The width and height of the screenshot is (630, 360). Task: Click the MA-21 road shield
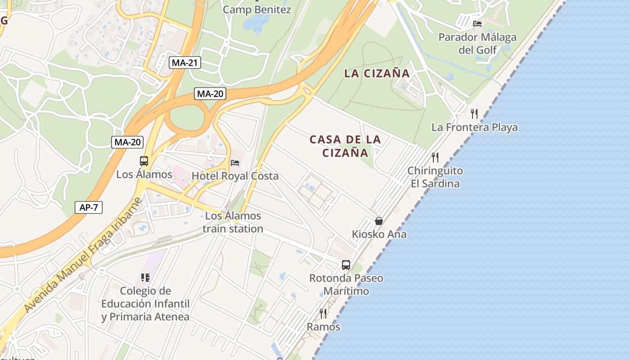click(184, 63)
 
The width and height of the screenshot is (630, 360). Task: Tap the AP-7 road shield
click(89, 207)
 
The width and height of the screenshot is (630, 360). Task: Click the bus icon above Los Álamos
click(144, 161)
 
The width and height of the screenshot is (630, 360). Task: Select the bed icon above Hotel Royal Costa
click(235, 162)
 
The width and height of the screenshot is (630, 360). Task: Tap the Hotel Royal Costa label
click(235, 176)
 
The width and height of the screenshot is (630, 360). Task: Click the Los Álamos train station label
click(233, 222)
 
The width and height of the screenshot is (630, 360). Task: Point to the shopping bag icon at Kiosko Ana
click(379, 221)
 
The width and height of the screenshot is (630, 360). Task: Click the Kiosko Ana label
click(379, 234)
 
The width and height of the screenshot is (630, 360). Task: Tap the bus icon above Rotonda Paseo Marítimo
click(346, 265)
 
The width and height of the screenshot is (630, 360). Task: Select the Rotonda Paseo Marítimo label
click(346, 284)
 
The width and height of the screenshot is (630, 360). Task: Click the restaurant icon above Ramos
click(323, 313)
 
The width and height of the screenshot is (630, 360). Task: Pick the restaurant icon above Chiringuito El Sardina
click(435, 157)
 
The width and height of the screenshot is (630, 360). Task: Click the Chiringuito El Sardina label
click(435, 177)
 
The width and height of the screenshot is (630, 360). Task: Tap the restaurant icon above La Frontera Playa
click(474, 113)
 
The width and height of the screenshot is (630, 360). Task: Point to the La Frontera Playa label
click(474, 127)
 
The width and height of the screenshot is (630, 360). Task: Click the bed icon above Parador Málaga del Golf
click(477, 23)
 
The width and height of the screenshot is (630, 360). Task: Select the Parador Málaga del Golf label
click(477, 43)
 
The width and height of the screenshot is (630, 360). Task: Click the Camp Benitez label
click(257, 9)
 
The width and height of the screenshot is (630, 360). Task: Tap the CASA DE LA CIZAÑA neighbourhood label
click(345, 146)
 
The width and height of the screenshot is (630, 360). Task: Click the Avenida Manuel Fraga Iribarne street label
click(83, 255)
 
